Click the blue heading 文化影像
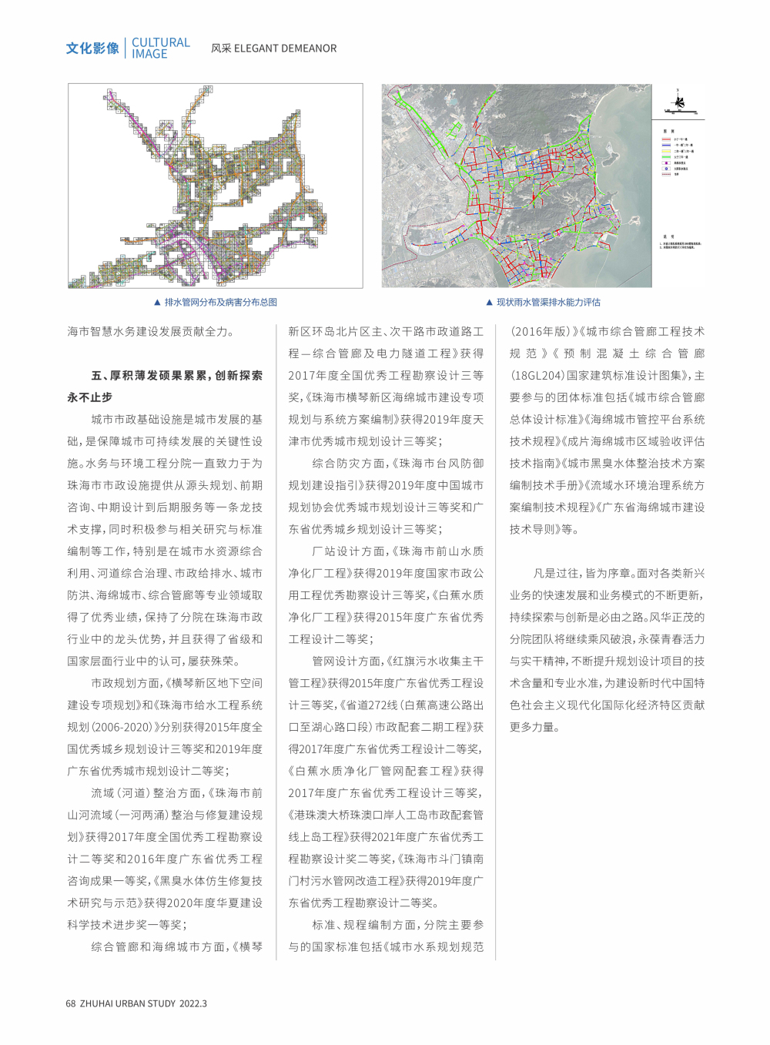click(92, 49)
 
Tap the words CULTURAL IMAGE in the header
click(160, 48)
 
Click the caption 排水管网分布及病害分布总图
click(220, 303)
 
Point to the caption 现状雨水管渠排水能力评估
click(548, 303)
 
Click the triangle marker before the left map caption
click(157, 303)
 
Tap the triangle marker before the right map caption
click(489, 303)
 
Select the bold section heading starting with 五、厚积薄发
click(176, 376)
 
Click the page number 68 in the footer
click(71, 1003)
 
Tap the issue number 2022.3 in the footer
click(193, 1003)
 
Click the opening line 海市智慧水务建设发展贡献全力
click(150, 332)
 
